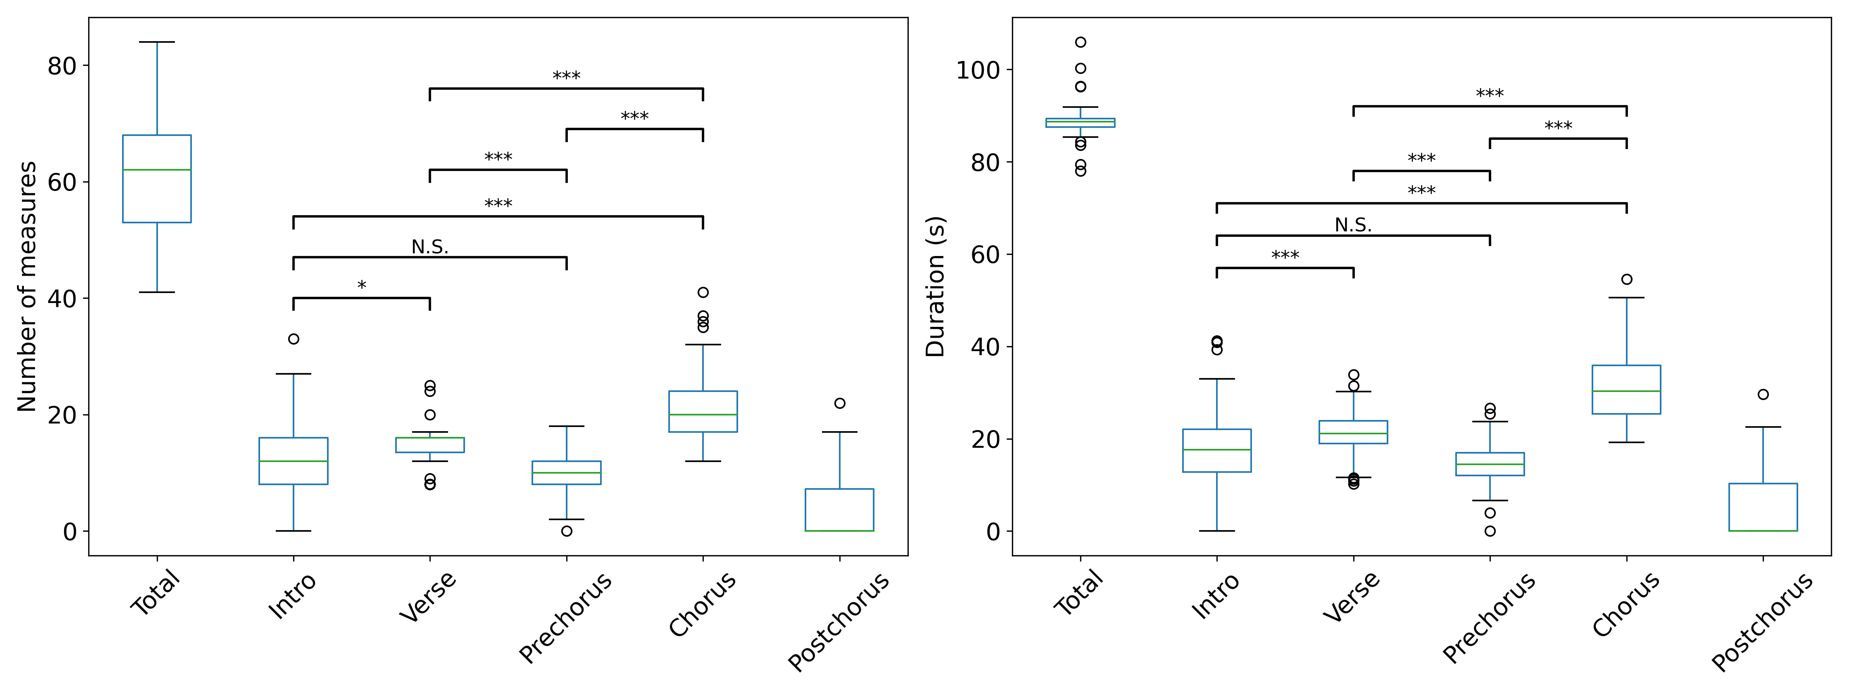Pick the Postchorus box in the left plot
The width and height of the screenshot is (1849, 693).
coord(839,510)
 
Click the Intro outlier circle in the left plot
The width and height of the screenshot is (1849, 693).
coord(294,339)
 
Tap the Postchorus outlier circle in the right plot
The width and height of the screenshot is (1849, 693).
coord(1763,395)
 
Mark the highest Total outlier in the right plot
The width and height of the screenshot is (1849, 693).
coord(1080,42)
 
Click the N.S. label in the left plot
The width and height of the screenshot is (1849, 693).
coord(430,248)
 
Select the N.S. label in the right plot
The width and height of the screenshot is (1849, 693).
coord(1353,225)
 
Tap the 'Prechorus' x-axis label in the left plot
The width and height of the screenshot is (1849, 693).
coord(565,617)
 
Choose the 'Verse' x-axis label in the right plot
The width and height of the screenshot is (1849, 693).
coord(1352,597)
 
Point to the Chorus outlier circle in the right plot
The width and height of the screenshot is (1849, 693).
coord(1626,279)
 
